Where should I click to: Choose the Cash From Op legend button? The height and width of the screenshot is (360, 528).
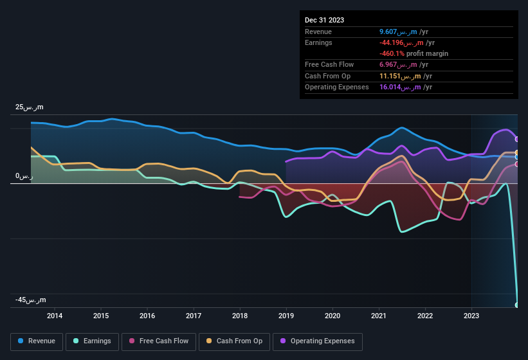pyautogui.click(x=233, y=341)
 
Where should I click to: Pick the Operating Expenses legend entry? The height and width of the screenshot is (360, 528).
pyautogui.click(x=318, y=341)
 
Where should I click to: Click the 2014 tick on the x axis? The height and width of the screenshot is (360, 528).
pyautogui.click(x=55, y=316)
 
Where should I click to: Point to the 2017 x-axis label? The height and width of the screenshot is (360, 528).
pyautogui.click(x=194, y=316)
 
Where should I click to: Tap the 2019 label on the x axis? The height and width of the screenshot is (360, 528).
pyautogui.click(x=286, y=316)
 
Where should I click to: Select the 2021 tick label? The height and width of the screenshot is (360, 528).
pyautogui.click(x=379, y=316)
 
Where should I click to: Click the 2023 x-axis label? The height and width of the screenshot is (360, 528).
pyautogui.click(x=471, y=316)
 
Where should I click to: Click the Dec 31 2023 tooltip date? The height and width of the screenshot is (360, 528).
pyautogui.click(x=324, y=20)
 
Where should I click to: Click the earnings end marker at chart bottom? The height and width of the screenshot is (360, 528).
pyautogui.click(x=517, y=305)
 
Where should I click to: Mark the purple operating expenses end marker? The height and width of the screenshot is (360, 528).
pyautogui.click(x=517, y=139)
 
